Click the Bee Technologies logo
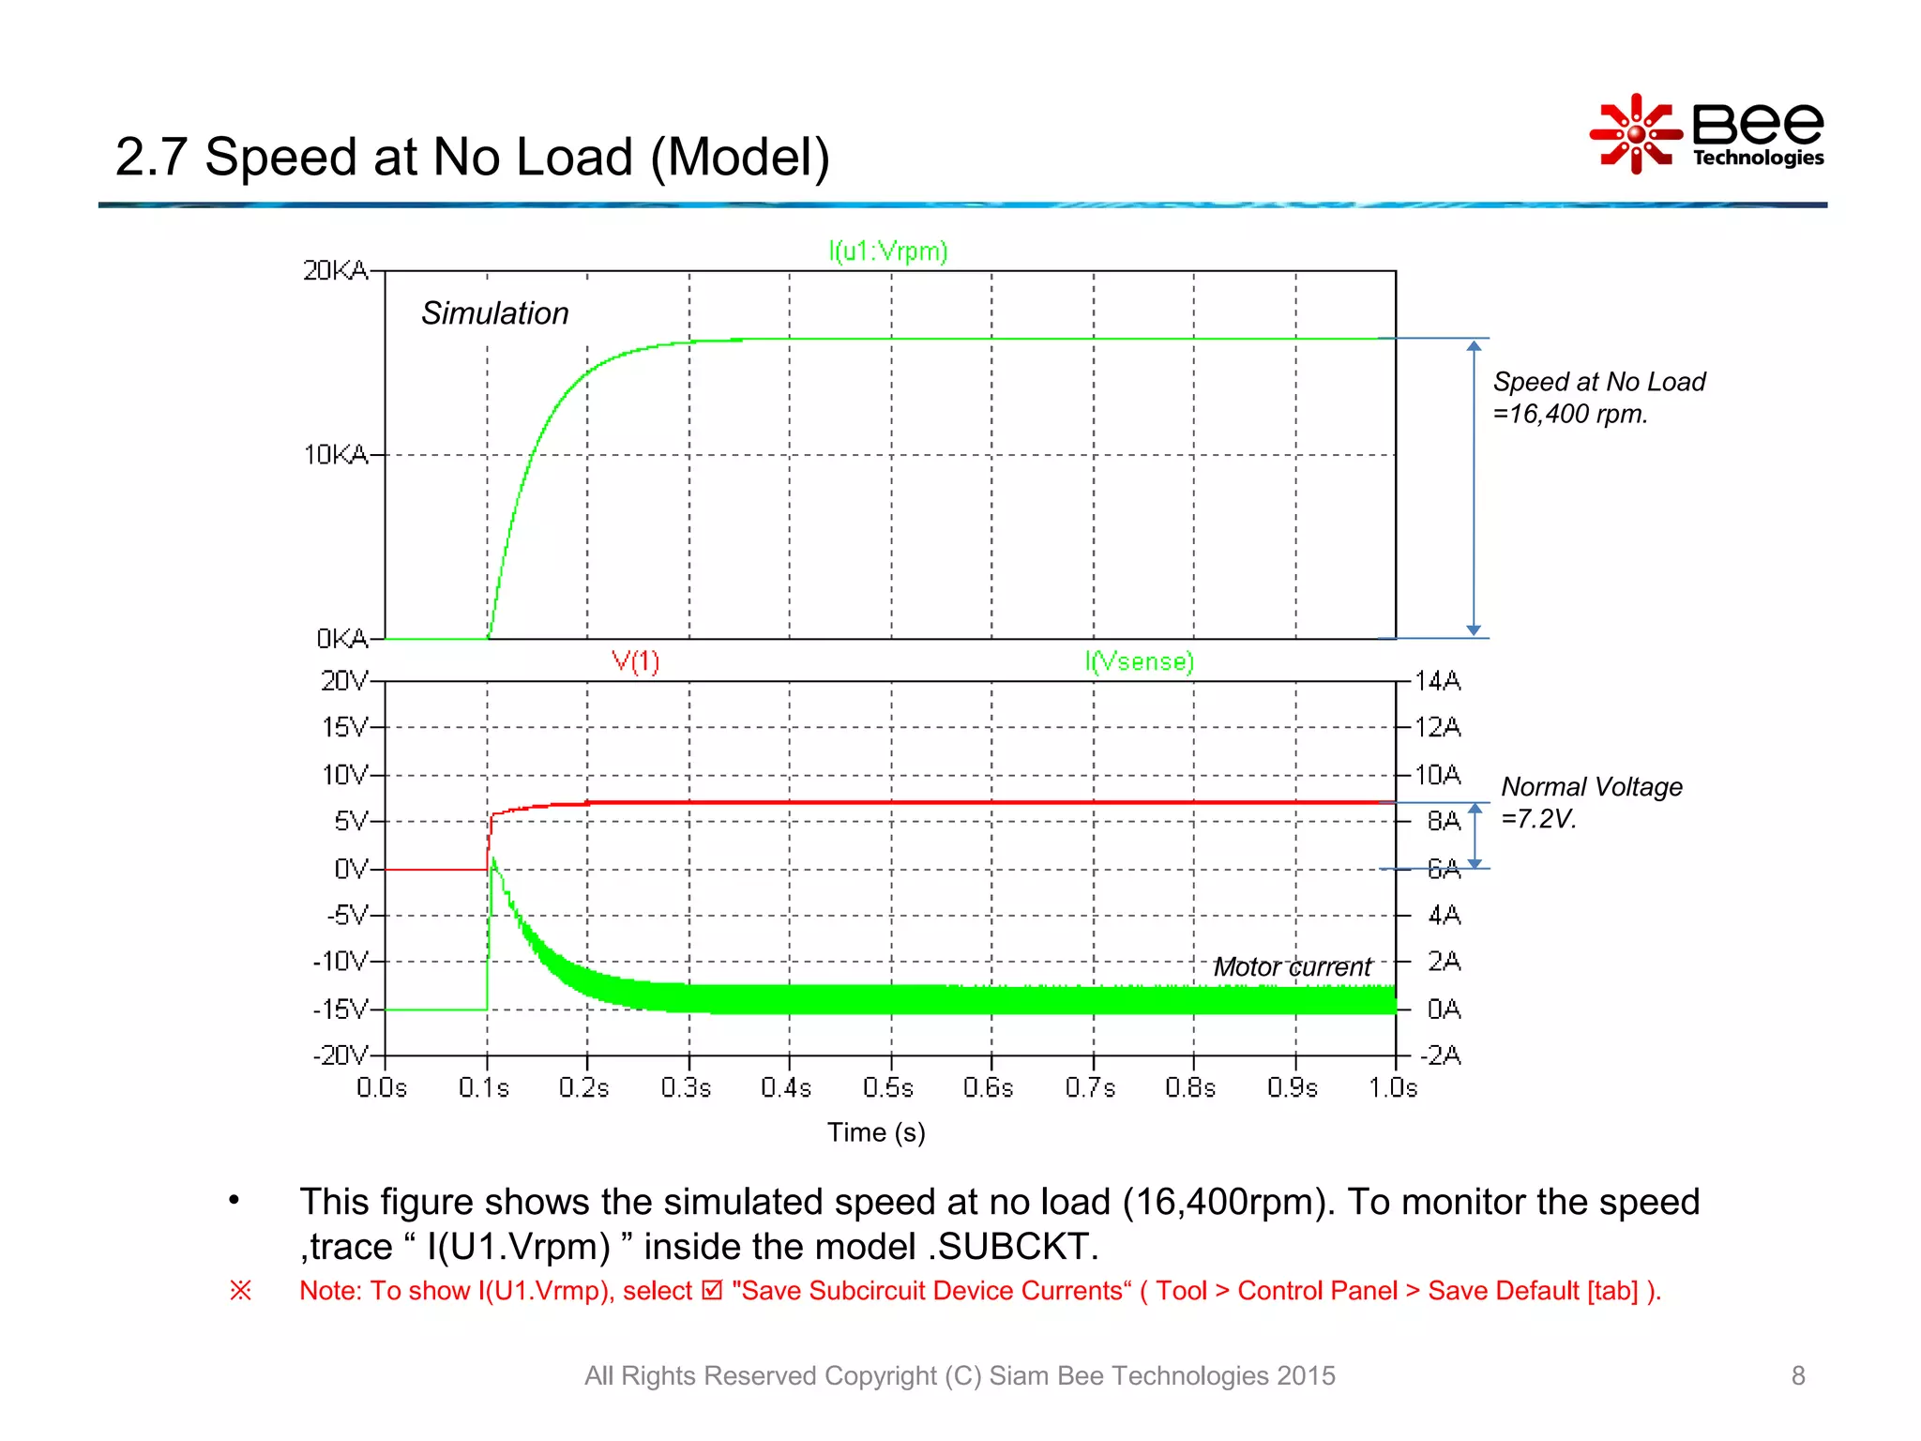pos(1707,134)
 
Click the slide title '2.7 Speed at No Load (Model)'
pos(472,157)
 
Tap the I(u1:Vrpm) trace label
pos(887,251)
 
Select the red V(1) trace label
pos(635,661)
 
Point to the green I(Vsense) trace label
pos(1139,661)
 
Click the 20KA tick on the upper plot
pos(335,271)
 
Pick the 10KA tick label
pos(335,455)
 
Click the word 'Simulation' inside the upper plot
pos(494,313)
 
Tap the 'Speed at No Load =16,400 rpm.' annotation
pos(1598,398)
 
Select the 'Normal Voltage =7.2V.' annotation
pos(1591,802)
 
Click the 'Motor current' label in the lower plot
pos(1292,967)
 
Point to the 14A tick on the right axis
pos(1437,681)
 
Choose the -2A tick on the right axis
pos(1441,1055)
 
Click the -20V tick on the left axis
pos(340,1055)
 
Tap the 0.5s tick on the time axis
pos(887,1088)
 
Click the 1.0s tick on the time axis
pos(1393,1088)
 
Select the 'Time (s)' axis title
pos(876,1132)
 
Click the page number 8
pos(1797,1375)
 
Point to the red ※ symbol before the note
pos(240,1291)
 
